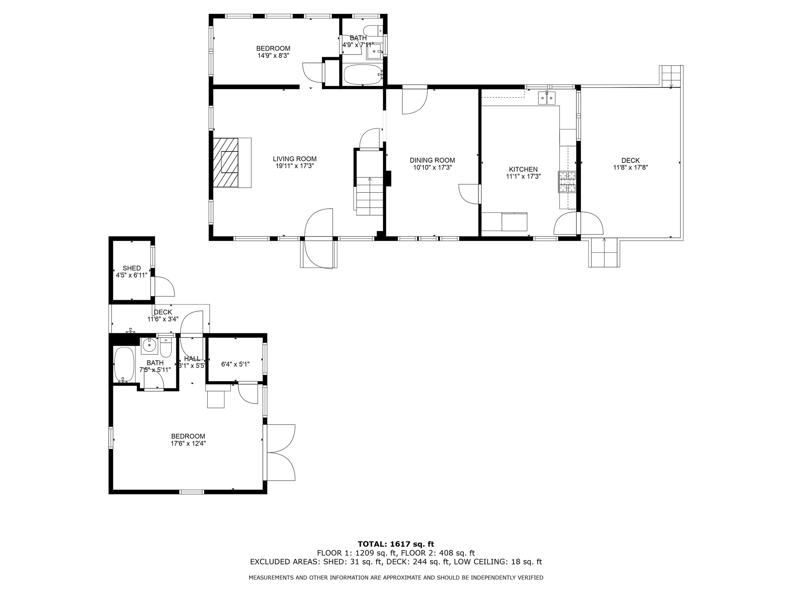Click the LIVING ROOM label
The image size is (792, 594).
tap(295, 159)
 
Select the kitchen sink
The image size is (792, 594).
tap(547, 98)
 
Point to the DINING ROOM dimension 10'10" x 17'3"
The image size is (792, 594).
tap(432, 167)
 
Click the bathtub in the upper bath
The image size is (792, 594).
tap(363, 74)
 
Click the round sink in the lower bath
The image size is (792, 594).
tap(149, 346)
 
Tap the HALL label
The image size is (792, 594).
tap(192, 359)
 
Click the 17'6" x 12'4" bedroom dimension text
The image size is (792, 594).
tap(188, 443)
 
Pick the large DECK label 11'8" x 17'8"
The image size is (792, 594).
tap(630, 167)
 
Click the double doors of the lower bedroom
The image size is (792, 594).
tap(281, 452)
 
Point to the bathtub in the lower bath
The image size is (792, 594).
tap(124, 364)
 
